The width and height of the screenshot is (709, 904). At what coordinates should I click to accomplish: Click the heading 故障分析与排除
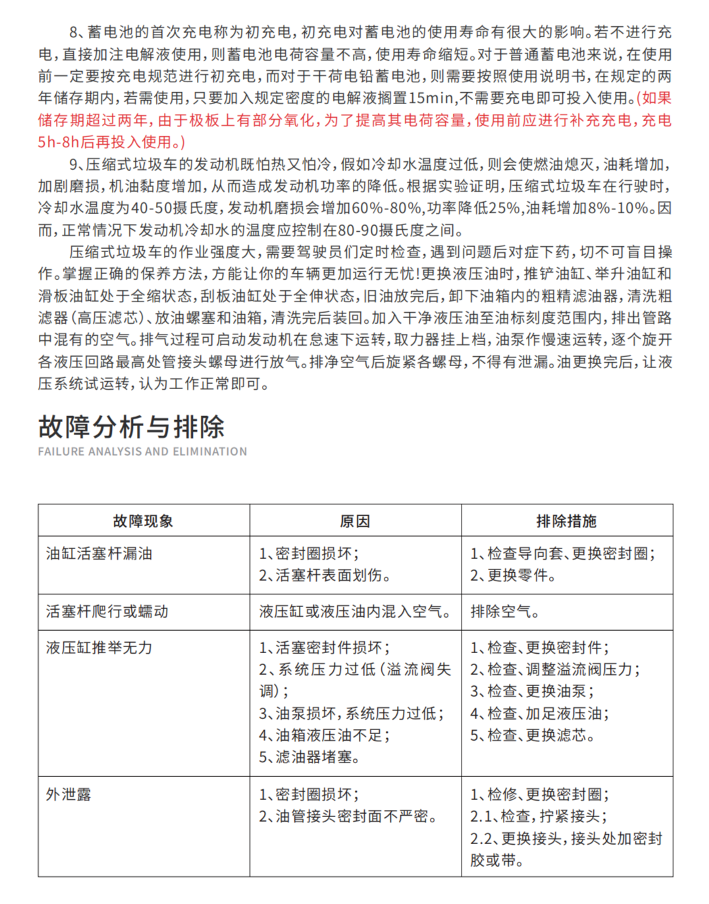[x=131, y=427]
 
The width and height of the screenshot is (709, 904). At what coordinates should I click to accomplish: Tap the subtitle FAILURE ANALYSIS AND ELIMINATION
[x=142, y=452]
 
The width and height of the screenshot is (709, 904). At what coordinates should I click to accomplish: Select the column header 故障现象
[x=143, y=521]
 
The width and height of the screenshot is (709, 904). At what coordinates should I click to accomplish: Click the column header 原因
[x=355, y=521]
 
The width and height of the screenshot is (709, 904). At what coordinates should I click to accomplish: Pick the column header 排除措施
[x=566, y=521]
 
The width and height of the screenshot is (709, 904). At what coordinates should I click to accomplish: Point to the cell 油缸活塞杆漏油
[x=99, y=554]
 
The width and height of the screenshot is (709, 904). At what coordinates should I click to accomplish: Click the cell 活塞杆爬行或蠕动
[x=107, y=612]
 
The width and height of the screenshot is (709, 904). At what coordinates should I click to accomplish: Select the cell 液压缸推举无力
[x=99, y=648]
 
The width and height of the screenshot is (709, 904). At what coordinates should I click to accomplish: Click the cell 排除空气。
[x=505, y=612]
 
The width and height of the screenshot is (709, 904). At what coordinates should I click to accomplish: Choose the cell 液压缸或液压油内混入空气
[x=355, y=612]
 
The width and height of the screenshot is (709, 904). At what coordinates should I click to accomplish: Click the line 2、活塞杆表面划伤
[x=325, y=575]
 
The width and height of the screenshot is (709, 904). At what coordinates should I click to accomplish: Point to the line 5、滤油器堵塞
[x=309, y=757]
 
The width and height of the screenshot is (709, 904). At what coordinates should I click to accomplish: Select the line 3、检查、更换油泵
[x=532, y=691]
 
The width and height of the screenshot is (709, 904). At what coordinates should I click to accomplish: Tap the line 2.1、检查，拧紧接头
[x=538, y=816]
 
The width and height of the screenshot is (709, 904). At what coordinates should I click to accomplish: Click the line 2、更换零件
[x=513, y=575]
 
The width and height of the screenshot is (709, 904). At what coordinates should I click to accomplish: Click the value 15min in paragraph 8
[x=431, y=99]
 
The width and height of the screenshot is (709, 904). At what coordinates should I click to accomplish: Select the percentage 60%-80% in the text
[x=386, y=208]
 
